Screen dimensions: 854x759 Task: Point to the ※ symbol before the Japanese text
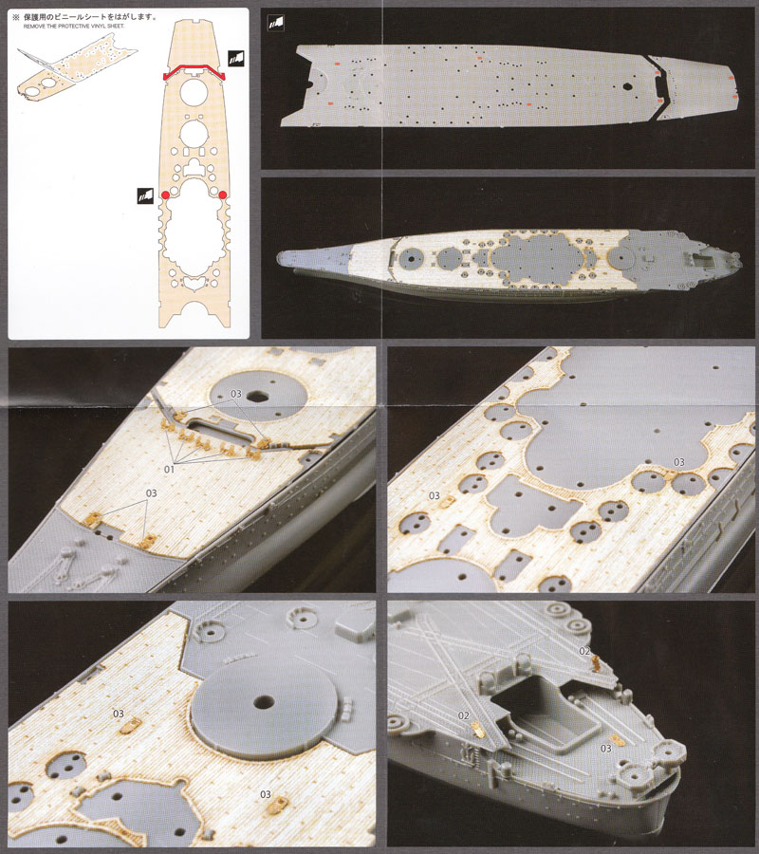pos(15,16)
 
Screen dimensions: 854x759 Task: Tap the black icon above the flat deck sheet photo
pos(276,21)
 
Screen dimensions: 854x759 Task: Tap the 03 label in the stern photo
pos(606,749)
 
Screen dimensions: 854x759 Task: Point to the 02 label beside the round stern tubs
pos(585,650)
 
